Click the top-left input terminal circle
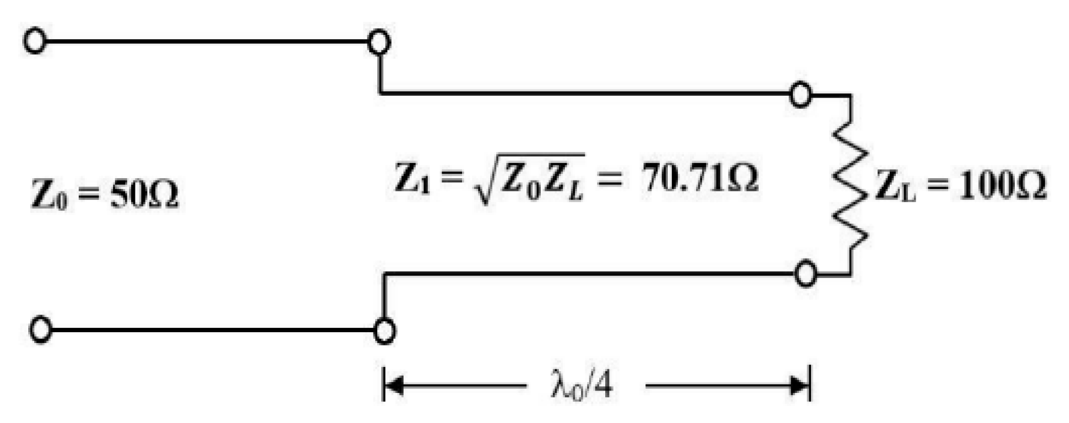tap(35, 42)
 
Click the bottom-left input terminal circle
tap(40, 330)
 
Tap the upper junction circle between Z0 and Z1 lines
tap(379, 43)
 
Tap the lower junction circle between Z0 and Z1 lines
tap(384, 330)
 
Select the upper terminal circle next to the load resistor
tap(800, 94)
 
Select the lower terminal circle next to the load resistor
tap(806, 274)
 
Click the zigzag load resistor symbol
tap(849, 184)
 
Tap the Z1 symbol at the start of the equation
tap(411, 179)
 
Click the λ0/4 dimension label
tap(582, 385)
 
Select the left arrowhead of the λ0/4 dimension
tap(393, 385)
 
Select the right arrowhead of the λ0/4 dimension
tap(800, 385)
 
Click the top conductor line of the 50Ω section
tap(205, 42)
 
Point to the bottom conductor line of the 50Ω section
tap(211, 330)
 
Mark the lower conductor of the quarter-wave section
tap(590, 274)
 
